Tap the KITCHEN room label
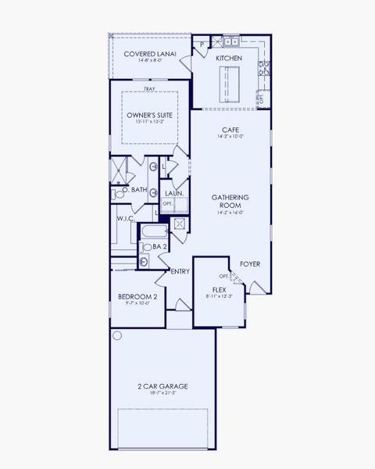coord(229,59)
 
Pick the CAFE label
coord(230,130)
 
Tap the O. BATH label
coord(134,190)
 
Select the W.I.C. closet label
coord(127,220)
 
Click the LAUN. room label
coord(173,193)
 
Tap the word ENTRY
coord(180,271)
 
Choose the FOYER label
coord(250,264)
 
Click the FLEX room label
coord(219,290)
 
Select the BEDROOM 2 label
coord(137,297)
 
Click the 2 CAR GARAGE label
coord(162,386)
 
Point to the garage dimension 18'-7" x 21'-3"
coord(162,394)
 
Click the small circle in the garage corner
coord(117,335)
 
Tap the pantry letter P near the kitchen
coord(201,45)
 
